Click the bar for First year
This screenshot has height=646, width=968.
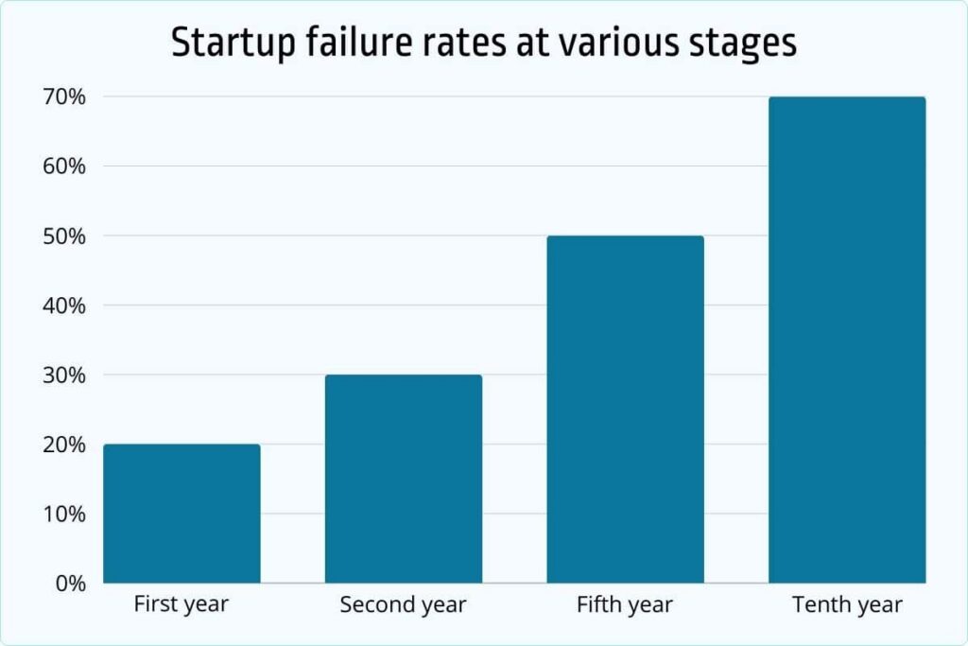click(181, 514)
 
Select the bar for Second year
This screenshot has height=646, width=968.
click(404, 479)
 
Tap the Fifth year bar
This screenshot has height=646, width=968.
click(625, 410)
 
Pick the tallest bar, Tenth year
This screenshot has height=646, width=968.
click(847, 340)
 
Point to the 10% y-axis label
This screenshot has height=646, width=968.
click(62, 515)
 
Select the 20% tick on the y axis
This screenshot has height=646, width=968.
click(62, 445)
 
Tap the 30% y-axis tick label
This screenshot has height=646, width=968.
click(62, 375)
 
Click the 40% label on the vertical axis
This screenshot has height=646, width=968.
click(62, 306)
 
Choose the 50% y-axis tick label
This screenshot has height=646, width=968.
click(62, 236)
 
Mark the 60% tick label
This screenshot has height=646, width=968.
click(62, 166)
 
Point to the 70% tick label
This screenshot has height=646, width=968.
click(62, 97)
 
